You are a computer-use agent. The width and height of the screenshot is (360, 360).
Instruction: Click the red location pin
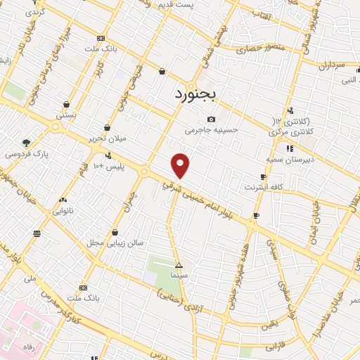point(181,165)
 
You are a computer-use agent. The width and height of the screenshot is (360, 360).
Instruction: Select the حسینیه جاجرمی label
point(212,130)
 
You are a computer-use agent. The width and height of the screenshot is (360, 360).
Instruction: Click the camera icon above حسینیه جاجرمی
point(212,119)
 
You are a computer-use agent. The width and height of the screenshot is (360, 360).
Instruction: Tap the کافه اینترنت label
point(262,188)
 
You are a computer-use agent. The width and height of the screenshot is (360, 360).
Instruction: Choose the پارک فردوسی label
point(23,153)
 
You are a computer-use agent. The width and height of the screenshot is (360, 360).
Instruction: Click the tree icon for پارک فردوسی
point(27,142)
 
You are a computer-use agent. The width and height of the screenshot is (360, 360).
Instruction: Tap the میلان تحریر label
point(107,139)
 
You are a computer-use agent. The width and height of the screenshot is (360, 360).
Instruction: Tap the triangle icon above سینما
point(179,266)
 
